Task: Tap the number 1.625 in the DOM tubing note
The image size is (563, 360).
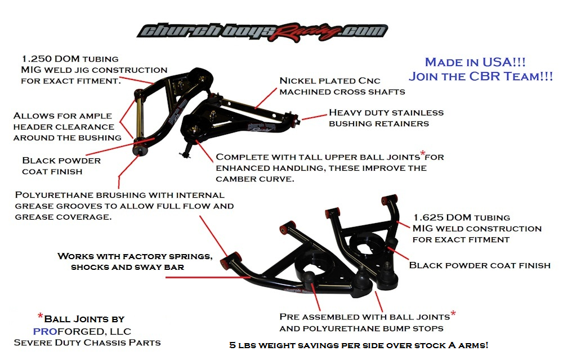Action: point(430,217)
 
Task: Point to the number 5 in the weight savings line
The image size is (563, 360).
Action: point(232,345)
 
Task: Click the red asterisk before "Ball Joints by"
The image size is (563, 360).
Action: point(41,317)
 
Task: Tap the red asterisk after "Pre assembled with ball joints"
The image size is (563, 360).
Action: point(453,313)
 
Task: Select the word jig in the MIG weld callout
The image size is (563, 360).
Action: point(87,70)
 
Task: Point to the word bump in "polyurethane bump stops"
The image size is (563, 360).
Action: point(394,328)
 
